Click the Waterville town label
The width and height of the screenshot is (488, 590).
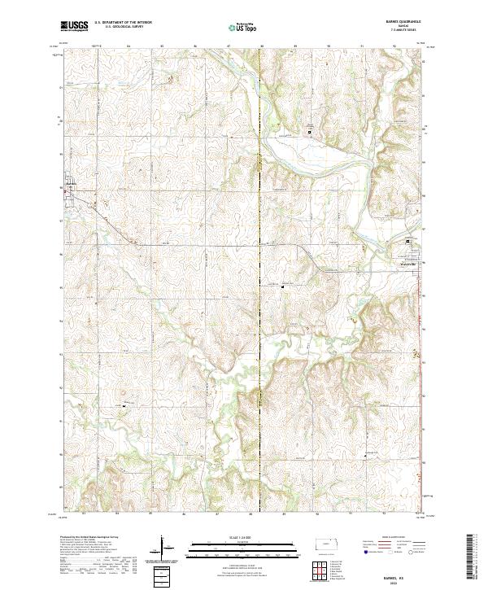coord(407,263)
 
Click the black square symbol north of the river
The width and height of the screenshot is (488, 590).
coord(309,131)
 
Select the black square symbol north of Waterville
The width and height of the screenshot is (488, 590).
coord(410,242)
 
